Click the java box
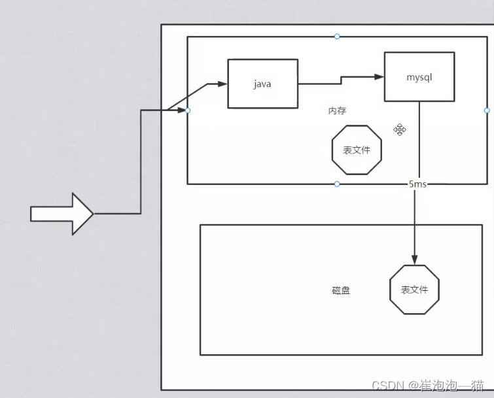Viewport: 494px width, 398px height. tap(262, 83)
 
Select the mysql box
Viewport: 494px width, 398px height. tap(419, 77)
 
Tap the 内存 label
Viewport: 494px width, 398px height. tap(337, 111)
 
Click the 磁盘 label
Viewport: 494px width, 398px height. tap(341, 290)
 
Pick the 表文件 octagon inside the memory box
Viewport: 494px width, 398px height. tap(357, 150)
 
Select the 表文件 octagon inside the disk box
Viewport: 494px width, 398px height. tap(414, 290)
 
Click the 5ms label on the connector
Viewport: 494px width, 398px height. tap(417, 184)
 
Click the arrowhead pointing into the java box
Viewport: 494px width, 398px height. tap(222, 84)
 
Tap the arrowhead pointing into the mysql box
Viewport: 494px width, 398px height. tap(379, 76)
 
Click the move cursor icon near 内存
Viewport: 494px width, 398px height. tap(400, 129)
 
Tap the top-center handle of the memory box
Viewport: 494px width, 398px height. tap(337, 37)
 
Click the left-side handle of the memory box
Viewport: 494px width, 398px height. tap(188, 110)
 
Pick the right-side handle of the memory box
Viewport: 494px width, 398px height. tap(486, 110)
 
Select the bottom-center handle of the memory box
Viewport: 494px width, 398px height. tap(337, 184)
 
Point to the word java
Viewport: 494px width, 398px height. tap(262, 84)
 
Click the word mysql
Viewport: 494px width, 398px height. tap(419, 77)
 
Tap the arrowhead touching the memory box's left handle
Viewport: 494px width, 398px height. tap(182, 110)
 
